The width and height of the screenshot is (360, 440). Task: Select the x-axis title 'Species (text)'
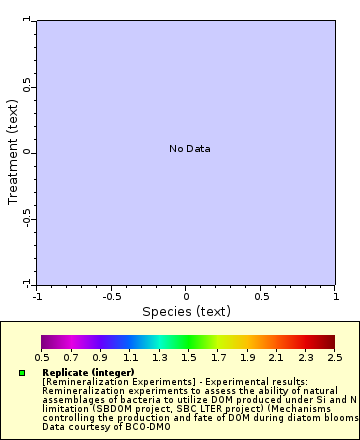coord(186,311)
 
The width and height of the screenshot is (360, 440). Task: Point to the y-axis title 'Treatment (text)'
coord(13,152)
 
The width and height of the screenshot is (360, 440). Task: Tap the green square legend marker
coord(21,373)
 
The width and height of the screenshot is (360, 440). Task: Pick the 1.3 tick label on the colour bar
coord(159,357)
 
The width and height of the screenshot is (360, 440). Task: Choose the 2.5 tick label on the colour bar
coord(335,357)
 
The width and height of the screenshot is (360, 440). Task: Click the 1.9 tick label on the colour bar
coord(247,357)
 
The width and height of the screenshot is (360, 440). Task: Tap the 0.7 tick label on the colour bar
coord(71,357)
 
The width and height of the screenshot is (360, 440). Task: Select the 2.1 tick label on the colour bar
coord(277,357)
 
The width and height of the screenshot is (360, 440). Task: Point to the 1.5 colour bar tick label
coord(189,357)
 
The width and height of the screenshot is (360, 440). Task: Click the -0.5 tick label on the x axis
coord(110,296)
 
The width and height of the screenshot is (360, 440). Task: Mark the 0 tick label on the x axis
coord(186,296)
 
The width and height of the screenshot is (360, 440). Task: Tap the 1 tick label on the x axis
coord(335,296)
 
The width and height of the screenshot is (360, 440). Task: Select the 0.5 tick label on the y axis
coord(27,87)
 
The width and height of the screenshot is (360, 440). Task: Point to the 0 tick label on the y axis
coord(27,152)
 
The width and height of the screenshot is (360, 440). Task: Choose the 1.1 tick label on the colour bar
coord(130,357)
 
